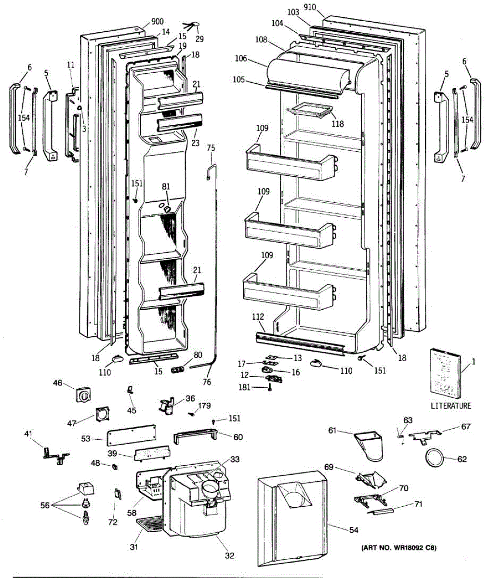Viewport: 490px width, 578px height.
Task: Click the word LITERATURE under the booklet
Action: [451, 406]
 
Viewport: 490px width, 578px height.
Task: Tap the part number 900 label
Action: [157, 22]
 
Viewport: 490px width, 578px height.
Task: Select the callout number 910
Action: [310, 8]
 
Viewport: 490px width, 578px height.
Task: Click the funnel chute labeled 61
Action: [369, 446]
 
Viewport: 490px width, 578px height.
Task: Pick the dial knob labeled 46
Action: [83, 394]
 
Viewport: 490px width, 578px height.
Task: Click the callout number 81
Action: [166, 186]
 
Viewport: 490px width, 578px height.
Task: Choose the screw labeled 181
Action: [270, 388]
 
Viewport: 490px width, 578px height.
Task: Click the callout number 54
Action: [354, 529]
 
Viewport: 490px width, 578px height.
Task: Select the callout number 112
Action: [258, 317]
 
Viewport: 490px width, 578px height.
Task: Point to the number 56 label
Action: [45, 505]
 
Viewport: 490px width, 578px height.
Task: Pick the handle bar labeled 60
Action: [196, 435]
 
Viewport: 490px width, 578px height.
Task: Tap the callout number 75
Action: [211, 148]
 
